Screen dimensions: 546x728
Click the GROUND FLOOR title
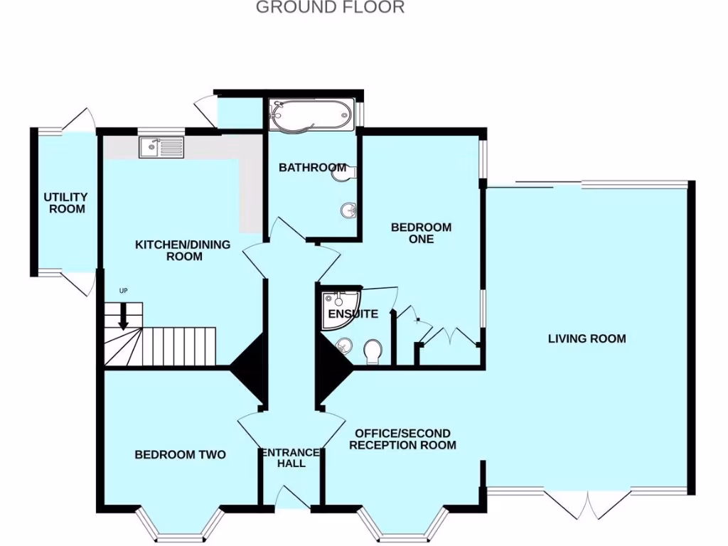[x=330, y=8]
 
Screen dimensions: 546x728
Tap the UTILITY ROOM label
[x=65, y=203]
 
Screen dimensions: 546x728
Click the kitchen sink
[x=161, y=148]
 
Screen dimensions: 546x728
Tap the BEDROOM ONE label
[x=421, y=233]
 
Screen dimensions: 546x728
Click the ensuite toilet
[x=372, y=350]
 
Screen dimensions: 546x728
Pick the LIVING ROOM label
[x=587, y=338]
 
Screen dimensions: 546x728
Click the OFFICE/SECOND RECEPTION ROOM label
[x=402, y=439]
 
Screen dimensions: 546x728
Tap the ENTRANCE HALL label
[x=291, y=458]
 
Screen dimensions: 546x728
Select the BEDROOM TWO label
[x=181, y=454]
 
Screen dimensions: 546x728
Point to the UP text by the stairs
[x=124, y=291]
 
